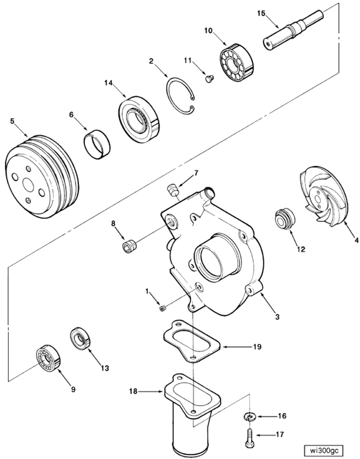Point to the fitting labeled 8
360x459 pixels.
[129, 246]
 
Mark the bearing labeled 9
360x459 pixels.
[48, 357]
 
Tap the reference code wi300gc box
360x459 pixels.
[323, 449]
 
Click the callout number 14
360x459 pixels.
[108, 83]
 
